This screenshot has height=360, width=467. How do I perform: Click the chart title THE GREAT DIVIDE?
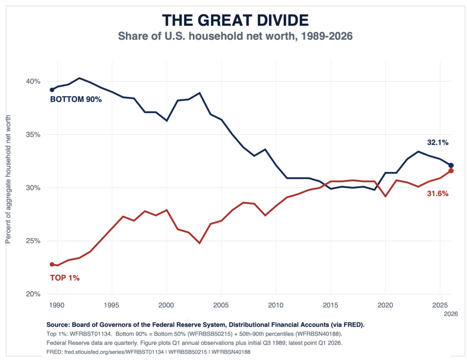tap(235, 20)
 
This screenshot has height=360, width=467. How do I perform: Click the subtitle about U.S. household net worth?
tap(235, 36)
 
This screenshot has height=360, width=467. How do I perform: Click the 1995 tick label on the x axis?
tap(112, 305)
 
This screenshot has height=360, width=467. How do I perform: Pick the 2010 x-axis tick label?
tap(276, 305)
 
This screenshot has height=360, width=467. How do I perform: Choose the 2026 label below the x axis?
tap(451, 314)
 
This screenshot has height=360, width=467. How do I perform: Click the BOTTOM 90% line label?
tap(76, 99)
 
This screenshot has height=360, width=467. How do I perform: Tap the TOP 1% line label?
tap(65, 278)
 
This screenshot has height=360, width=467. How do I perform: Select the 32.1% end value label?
tap(437, 143)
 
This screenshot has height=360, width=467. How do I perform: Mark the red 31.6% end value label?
tap(437, 194)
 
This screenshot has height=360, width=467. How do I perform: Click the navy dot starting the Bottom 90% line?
tap(52, 90)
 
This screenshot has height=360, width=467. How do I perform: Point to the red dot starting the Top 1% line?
tap(52, 264)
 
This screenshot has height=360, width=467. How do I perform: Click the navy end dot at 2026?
tap(451, 165)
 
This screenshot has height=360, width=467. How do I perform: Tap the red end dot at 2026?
tap(451, 171)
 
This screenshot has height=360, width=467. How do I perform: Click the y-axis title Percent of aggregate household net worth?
tap(8, 180)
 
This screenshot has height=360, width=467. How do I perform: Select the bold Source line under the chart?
tap(206, 324)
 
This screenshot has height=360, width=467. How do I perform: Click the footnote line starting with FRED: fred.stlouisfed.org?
tap(148, 352)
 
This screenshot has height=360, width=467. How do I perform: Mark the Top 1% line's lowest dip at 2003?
tap(200, 243)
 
